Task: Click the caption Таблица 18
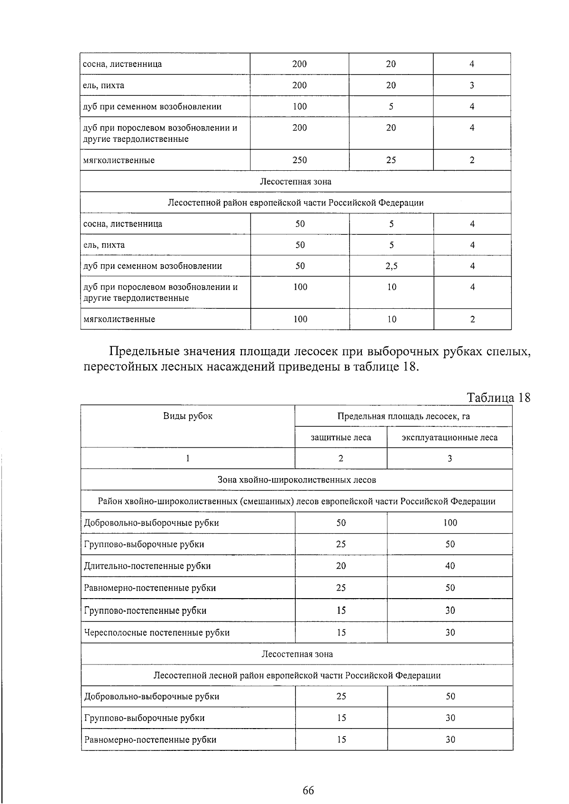pos(498,397)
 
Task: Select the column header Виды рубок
pos(188,416)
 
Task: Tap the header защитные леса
pos(341,437)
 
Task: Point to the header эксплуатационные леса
pos(450,437)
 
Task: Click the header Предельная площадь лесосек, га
pos(404,416)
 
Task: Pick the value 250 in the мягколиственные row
pos(300,160)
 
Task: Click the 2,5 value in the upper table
pos(392,266)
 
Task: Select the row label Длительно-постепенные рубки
pos(147,566)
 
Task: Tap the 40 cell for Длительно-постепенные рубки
pos(450,566)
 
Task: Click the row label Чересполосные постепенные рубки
pos(156,632)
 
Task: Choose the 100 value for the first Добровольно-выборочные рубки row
pos(450,523)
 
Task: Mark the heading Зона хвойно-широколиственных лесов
pos(296,480)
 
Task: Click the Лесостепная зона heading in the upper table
pos(295,181)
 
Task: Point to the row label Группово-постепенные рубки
pos(145,610)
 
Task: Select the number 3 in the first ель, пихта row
pos(472,85)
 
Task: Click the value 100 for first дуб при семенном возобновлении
pos(300,107)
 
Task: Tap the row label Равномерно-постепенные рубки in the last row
pos(150,739)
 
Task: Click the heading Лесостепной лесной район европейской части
pos(297,675)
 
